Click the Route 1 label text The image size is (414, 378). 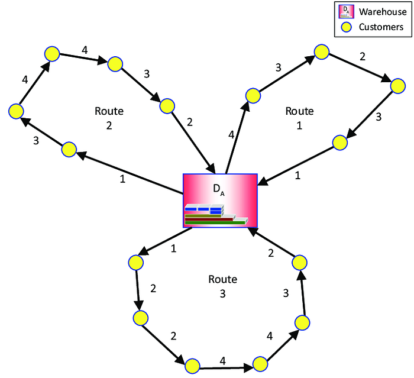[299, 118]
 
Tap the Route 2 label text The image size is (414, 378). [109, 118]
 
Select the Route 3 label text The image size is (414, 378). [222, 286]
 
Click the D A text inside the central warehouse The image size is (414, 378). [219, 190]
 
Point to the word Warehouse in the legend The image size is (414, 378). [383, 12]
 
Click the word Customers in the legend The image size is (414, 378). [381, 27]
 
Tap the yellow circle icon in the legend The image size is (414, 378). [346, 27]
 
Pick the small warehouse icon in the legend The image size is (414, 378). [346, 11]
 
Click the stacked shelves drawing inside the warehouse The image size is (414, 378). [216, 214]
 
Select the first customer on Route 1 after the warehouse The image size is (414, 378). [253, 96]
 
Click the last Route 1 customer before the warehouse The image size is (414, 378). [340, 143]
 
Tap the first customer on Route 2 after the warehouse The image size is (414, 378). [69, 150]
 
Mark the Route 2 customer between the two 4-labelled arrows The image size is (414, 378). [52, 54]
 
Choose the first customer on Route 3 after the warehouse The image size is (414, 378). [135, 263]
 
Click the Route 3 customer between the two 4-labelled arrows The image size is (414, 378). [260, 364]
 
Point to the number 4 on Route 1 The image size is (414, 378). [231, 135]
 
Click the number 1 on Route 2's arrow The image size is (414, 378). [122, 179]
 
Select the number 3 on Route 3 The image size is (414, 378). [286, 293]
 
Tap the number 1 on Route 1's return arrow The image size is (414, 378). [297, 176]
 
